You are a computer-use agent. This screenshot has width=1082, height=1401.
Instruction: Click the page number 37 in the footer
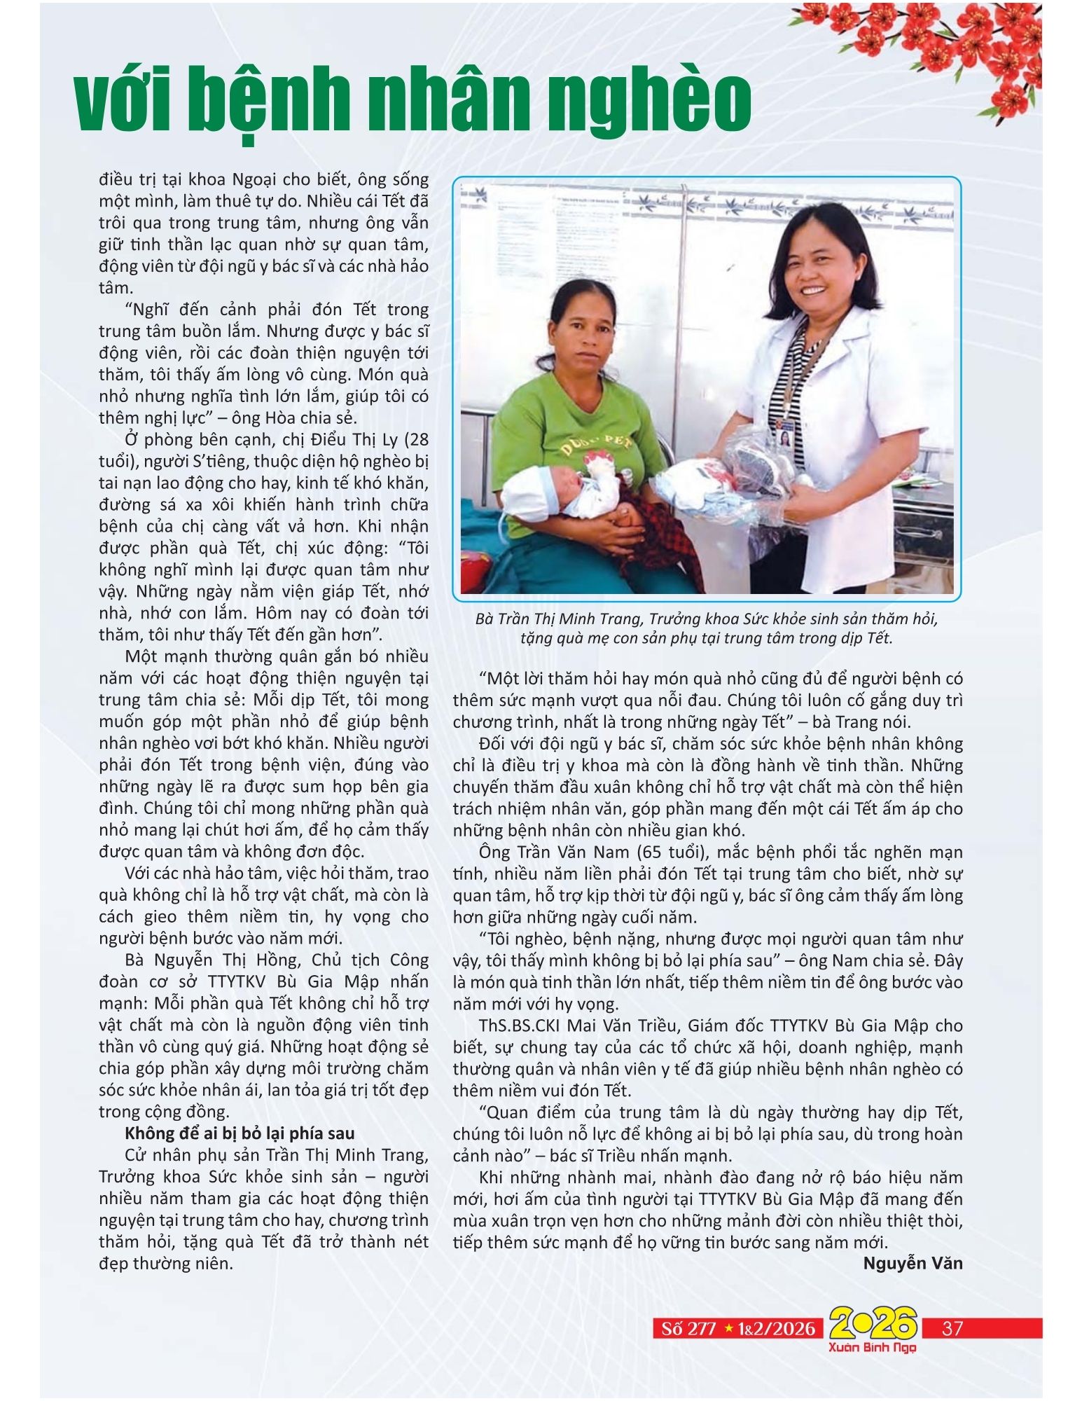click(952, 1328)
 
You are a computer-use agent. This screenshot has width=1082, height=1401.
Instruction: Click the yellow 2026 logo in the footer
click(873, 1323)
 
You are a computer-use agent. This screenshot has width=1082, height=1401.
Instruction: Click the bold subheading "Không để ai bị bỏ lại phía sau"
click(240, 1133)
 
